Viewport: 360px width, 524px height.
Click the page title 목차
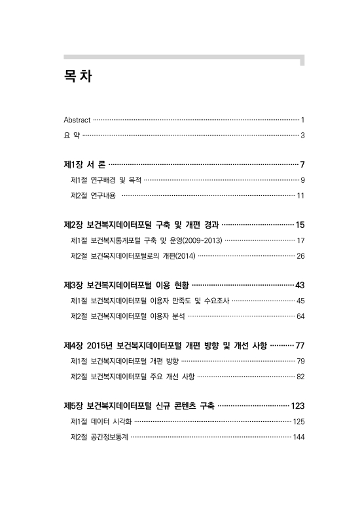[77, 77]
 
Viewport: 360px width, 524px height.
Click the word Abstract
[77, 120]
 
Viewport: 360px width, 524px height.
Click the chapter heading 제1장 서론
[84, 163]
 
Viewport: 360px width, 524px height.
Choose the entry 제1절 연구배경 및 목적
[105, 179]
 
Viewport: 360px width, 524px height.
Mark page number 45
[300, 301]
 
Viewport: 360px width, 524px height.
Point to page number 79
[300, 361]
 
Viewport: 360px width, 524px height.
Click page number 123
[298, 405]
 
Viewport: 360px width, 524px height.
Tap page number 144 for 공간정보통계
[298, 437]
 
